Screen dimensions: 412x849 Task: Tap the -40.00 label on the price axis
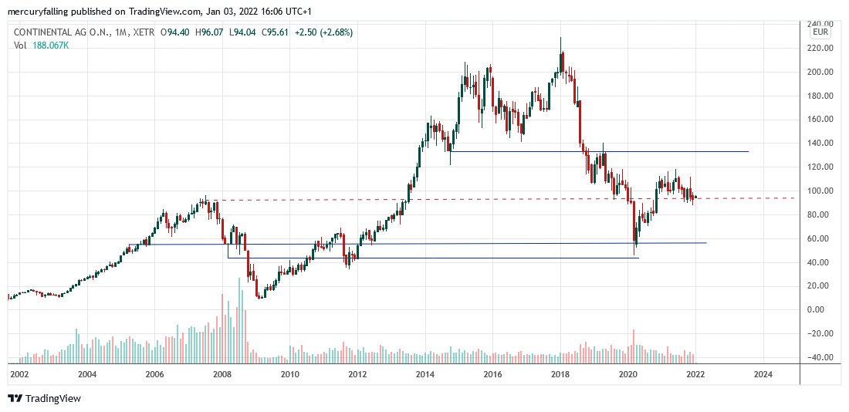point(817,357)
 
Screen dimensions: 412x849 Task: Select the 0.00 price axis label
point(817,309)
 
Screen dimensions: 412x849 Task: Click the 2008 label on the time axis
point(222,374)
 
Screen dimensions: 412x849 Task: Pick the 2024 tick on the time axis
point(763,374)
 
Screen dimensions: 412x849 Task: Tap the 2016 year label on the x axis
point(492,374)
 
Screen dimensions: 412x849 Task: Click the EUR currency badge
point(820,34)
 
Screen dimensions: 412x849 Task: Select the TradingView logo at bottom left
point(44,398)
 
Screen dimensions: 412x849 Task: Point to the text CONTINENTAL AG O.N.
point(59,32)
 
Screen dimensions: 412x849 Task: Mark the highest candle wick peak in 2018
point(560,37)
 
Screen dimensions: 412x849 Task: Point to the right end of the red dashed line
point(794,198)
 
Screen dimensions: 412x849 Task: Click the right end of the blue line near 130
point(749,151)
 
